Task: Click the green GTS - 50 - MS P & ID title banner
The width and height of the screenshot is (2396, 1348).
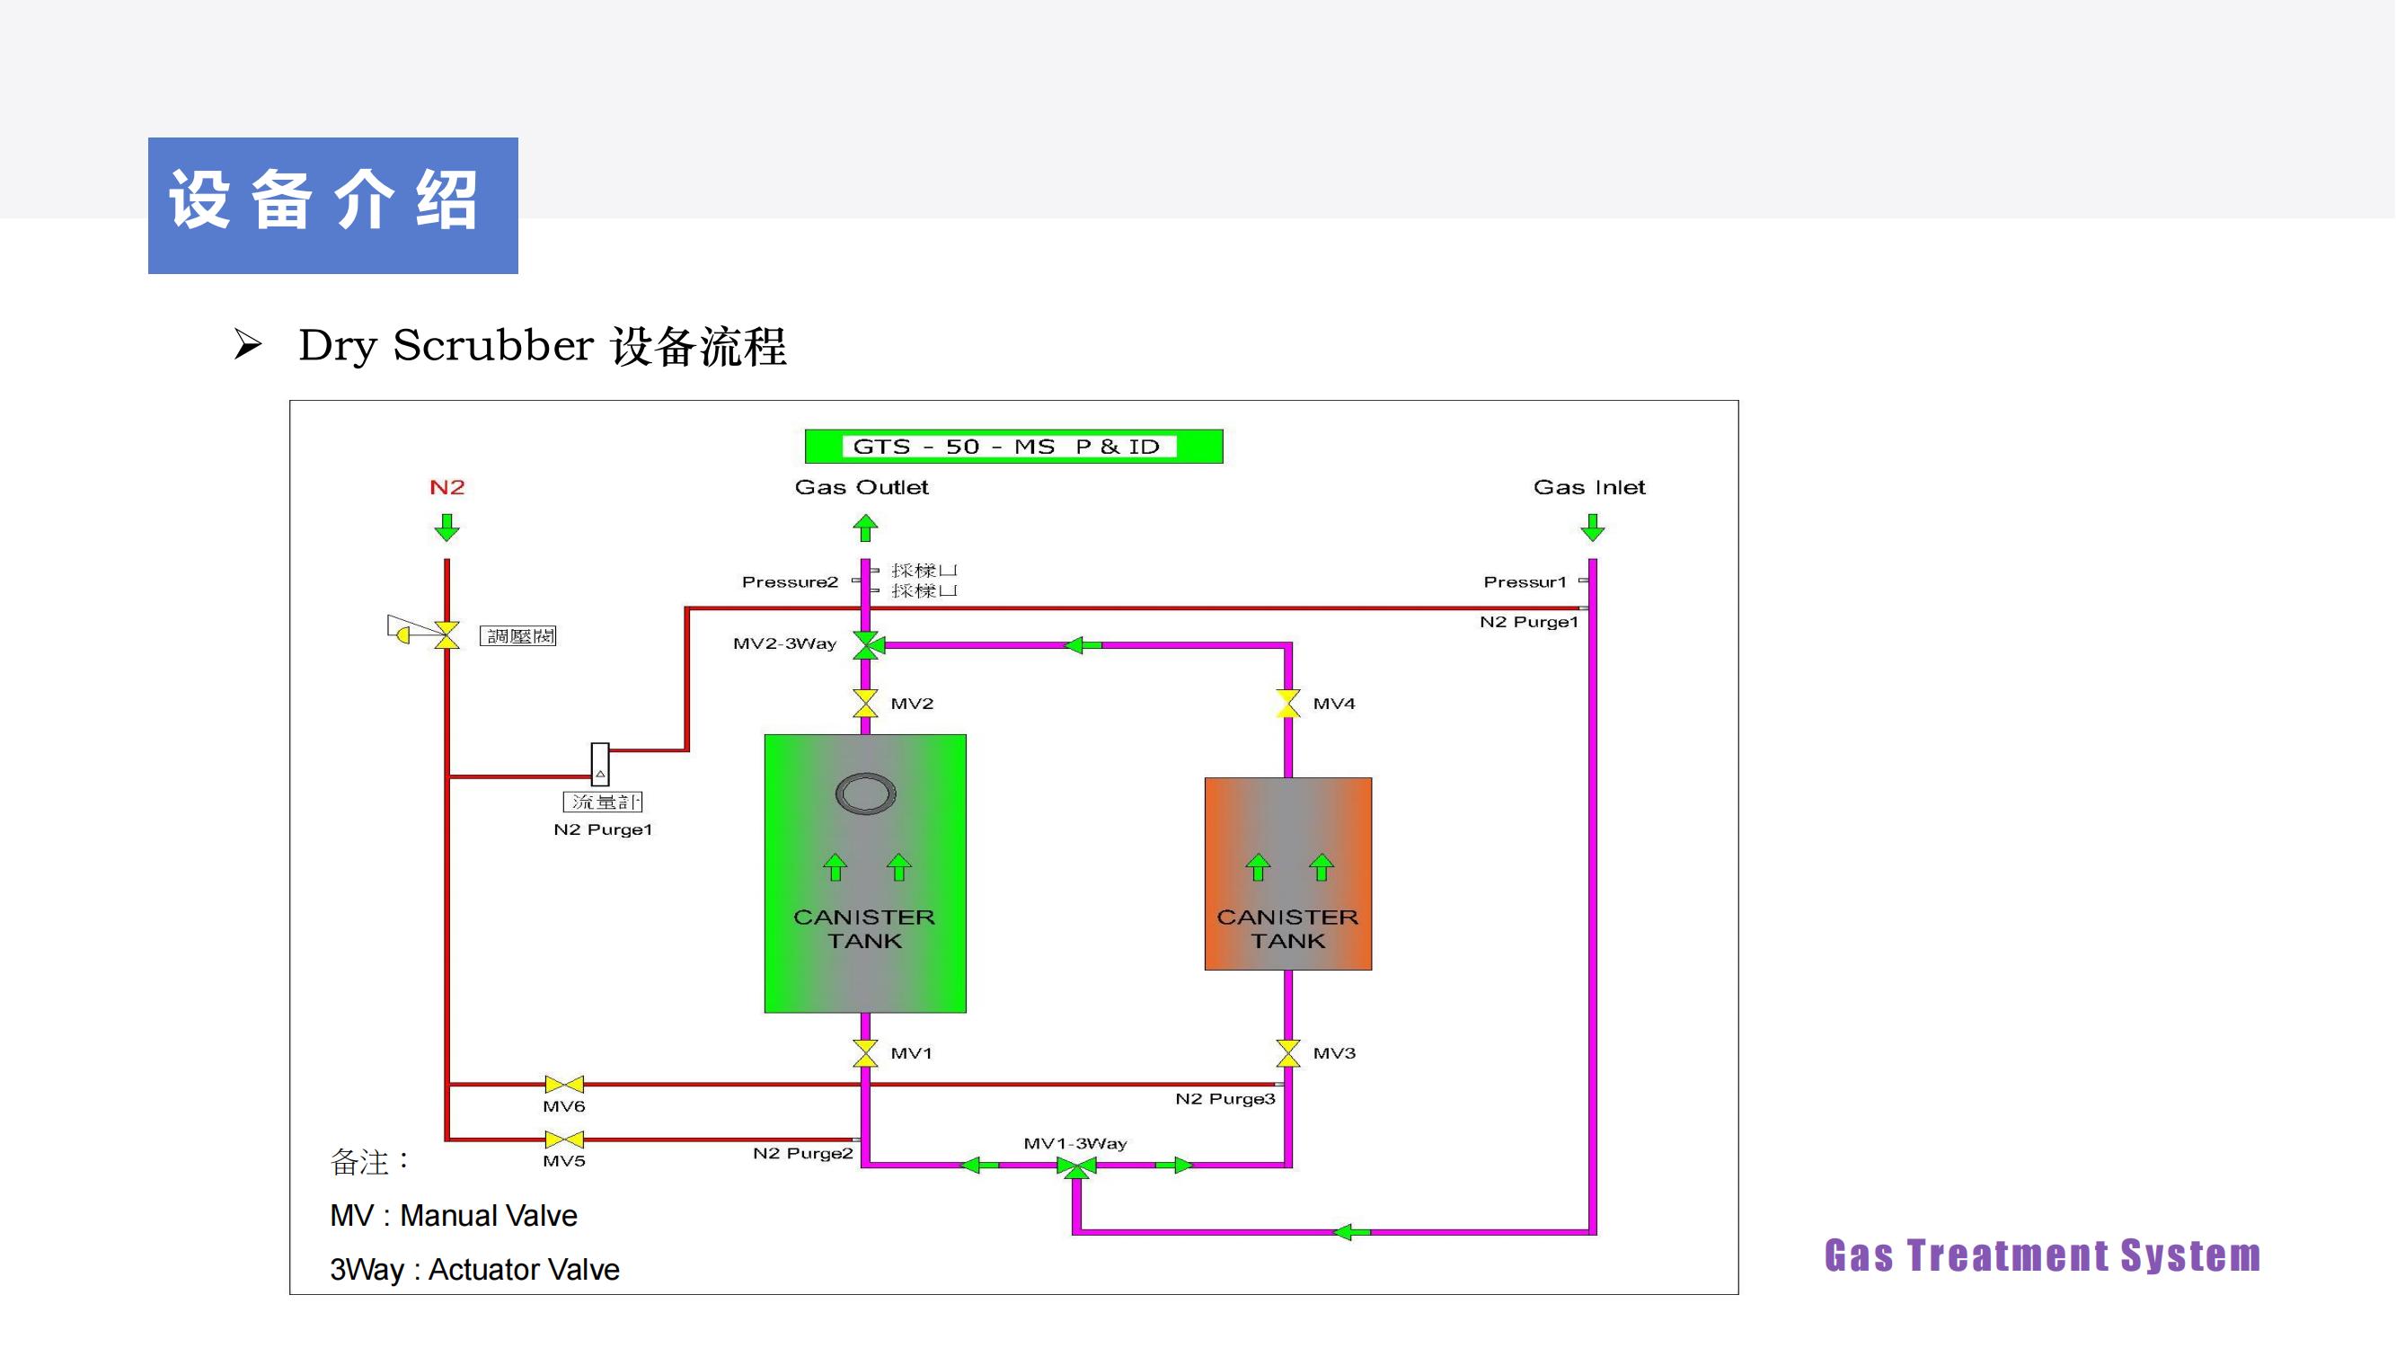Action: click(1012, 447)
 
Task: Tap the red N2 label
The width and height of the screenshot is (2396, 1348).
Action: click(446, 487)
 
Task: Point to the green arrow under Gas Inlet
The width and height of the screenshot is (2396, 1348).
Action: click(1592, 528)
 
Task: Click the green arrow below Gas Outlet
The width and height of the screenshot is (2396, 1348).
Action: click(865, 528)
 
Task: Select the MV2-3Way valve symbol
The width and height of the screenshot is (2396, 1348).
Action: click(867, 644)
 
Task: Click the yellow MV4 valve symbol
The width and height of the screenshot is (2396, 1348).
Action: click(1288, 704)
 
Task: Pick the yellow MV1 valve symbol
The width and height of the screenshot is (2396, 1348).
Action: click(865, 1053)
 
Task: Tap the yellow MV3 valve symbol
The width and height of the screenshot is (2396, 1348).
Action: click(1288, 1053)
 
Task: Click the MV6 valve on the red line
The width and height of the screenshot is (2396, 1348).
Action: click(563, 1085)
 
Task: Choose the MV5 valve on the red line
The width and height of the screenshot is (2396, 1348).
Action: click(563, 1140)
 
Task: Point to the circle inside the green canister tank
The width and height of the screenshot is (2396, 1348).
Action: click(865, 794)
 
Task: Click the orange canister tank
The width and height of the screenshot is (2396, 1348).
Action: click(1288, 874)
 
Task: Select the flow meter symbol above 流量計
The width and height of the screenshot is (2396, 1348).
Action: click(600, 764)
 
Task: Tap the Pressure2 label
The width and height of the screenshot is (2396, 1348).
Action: click(790, 582)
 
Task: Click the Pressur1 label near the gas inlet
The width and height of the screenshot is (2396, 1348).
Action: click(1525, 582)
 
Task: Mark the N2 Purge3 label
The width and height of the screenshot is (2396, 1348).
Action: click(1225, 1099)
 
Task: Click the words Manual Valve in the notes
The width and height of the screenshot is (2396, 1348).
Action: click(489, 1216)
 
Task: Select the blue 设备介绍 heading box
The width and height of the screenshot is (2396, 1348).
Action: click(333, 206)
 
